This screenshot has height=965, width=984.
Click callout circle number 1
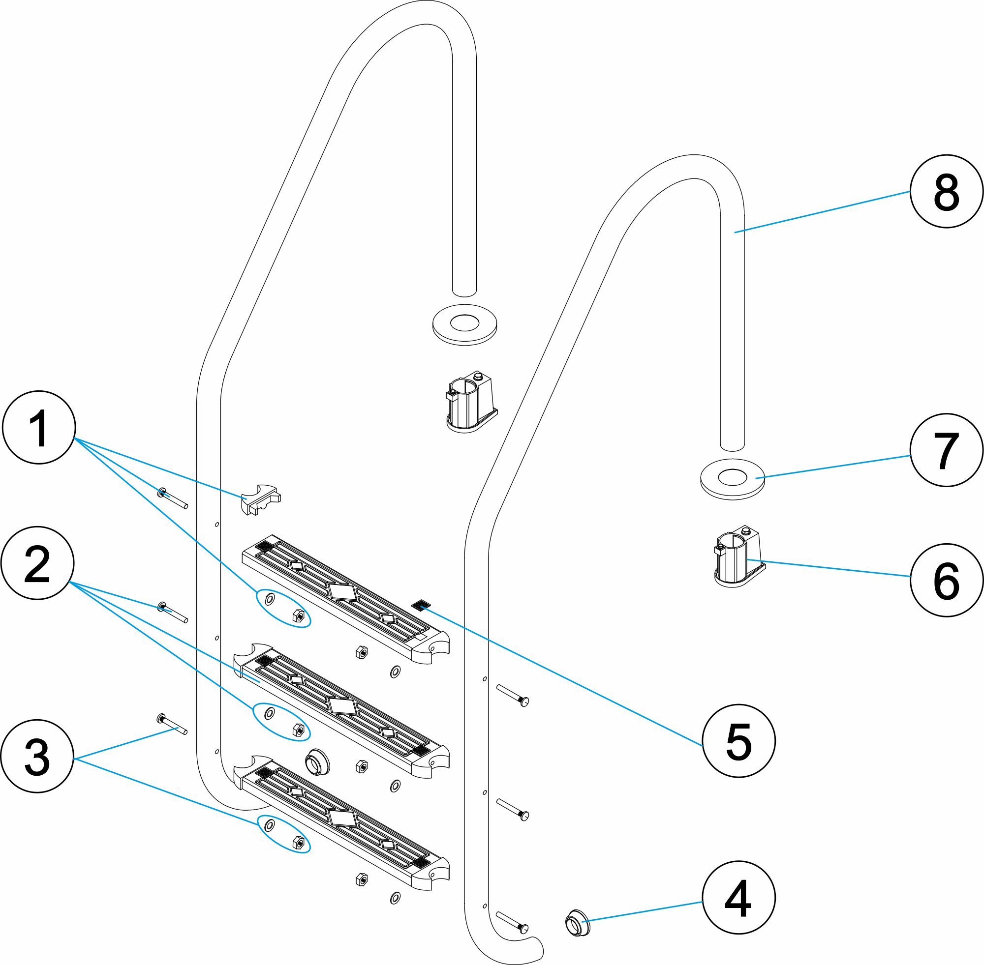coord(39,427)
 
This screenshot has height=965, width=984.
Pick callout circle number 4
coord(738,898)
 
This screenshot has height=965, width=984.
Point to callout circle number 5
coord(738,740)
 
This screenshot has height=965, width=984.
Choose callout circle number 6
coord(946,580)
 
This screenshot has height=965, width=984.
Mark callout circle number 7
coord(946,450)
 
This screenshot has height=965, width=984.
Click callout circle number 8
coord(946,192)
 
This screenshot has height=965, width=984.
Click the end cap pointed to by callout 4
coord(577,922)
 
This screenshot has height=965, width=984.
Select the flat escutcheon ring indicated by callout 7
coord(733,478)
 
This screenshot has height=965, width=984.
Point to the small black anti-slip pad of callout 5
coord(421,604)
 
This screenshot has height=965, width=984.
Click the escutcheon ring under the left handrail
coord(464,325)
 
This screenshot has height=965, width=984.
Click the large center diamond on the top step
coord(342,591)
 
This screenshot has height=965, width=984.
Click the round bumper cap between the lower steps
coord(317,761)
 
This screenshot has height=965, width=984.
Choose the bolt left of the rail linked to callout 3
coord(173,724)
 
